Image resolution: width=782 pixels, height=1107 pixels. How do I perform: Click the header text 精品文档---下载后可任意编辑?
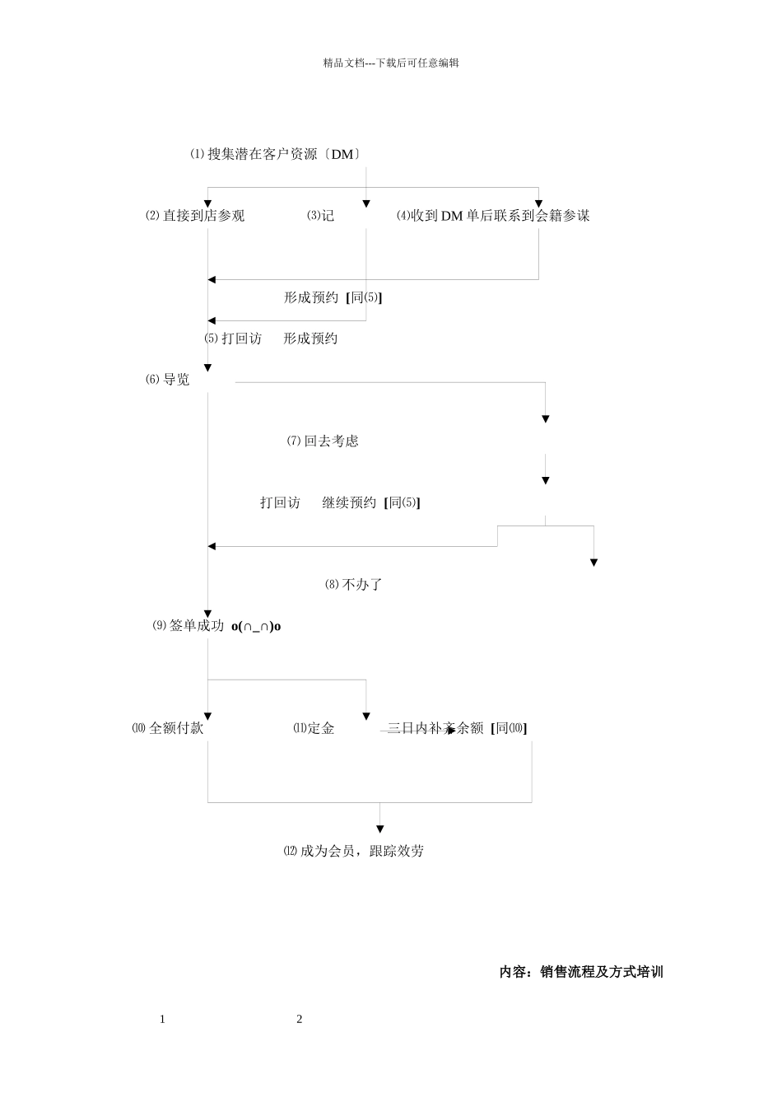pyautogui.click(x=391, y=63)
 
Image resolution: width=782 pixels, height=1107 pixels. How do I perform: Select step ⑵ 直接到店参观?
pyautogui.click(x=195, y=216)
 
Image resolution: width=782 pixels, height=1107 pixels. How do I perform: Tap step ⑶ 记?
pyautogui.click(x=321, y=216)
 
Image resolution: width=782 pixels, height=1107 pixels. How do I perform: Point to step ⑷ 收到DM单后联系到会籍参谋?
pyautogui.click(x=493, y=216)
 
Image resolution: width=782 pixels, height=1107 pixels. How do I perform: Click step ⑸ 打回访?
pyautogui.click(x=233, y=339)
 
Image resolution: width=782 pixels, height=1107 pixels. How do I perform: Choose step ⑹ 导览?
pyautogui.click(x=168, y=380)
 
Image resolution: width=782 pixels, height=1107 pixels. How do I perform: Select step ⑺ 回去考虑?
pyautogui.click(x=323, y=441)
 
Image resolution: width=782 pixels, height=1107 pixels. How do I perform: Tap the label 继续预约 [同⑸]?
pyautogui.click(x=371, y=502)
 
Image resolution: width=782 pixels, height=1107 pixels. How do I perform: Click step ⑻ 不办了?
pyautogui.click(x=354, y=585)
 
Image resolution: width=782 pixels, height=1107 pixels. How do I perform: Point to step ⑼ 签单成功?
pyautogui.click(x=189, y=626)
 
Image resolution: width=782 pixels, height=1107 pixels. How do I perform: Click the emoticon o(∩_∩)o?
pyautogui.click(x=256, y=627)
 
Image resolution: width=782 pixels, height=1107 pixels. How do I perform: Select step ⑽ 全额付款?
pyautogui.click(x=168, y=728)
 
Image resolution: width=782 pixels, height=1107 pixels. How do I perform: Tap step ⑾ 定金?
pyautogui.click(x=314, y=728)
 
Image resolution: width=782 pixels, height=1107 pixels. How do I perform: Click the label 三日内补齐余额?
pyautogui.click(x=435, y=728)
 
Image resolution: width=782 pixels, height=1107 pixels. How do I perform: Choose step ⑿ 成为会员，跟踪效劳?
pyautogui.click(x=353, y=852)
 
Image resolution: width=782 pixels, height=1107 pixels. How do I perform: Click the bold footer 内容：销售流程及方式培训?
pyautogui.click(x=581, y=972)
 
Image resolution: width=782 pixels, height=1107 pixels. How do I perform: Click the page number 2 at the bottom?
pyautogui.click(x=300, y=1020)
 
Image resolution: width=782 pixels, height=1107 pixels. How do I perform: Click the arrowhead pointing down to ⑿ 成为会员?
pyautogui.click(x=380, y=829)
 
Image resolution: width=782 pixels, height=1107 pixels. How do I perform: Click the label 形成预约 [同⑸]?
pyautogui.click(x=333, y=297)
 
